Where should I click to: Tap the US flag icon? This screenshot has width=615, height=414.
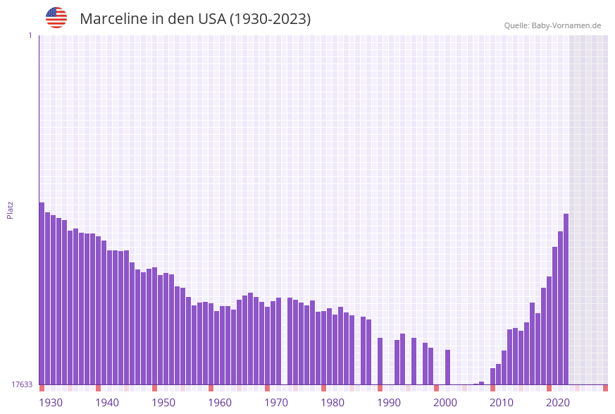[56, 18]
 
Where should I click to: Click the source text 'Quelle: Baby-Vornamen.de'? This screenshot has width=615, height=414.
[552, 25]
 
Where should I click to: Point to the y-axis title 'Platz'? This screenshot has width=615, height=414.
[11, 209]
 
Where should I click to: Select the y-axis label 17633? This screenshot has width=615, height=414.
[22, 384]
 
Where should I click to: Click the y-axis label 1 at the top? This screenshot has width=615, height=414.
[30, 35]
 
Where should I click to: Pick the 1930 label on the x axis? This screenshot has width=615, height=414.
[51, 403]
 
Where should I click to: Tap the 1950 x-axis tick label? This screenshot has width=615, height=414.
[163, 403]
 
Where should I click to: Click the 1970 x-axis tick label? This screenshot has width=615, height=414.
[276, 403]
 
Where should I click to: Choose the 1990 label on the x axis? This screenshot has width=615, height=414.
[389, 403]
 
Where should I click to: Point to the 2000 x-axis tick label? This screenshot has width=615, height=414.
[445, 403]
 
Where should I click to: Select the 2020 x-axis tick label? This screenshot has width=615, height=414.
[558, 403]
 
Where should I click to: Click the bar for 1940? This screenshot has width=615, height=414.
[98, 310]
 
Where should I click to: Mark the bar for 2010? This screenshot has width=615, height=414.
[492, 376]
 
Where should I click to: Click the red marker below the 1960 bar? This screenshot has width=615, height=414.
[211, 388]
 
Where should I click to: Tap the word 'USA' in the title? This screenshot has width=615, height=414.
[212, 19]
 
